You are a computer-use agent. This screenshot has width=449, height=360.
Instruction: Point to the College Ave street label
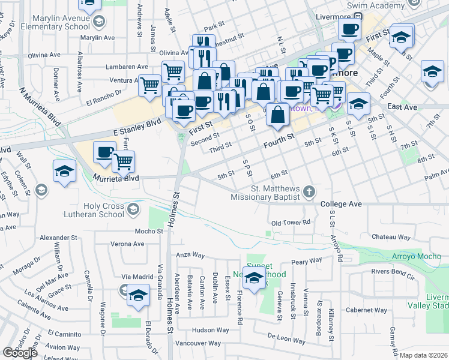pos(341,204)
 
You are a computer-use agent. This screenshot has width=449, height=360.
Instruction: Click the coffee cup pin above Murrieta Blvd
pos(105,153)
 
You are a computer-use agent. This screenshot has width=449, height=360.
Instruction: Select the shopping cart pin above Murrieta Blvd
pos(123,160)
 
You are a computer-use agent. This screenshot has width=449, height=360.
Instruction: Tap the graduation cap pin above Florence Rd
pos(255,278)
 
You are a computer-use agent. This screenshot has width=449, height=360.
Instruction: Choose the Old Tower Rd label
pos(290,223)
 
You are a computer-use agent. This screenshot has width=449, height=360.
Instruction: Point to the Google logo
pos(19,353)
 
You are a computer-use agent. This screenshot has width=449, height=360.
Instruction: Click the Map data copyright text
pos(424,355)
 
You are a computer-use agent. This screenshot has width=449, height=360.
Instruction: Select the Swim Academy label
pos(378,5)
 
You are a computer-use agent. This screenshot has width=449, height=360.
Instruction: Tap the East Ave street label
pos(402,106)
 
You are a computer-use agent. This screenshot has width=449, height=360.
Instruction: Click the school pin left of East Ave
pos(358,104)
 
